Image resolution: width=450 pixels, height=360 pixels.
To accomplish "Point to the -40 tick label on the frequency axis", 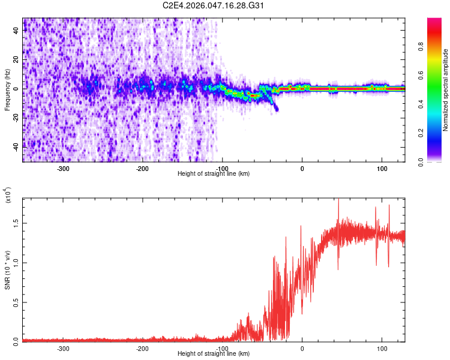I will tap(15, 146).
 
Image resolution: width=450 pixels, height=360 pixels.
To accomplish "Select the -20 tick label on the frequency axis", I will tap(15, 118).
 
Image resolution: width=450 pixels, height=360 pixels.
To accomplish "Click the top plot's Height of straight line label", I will tap(214, 173).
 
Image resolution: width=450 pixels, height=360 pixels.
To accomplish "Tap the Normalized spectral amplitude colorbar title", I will tap(446, 90).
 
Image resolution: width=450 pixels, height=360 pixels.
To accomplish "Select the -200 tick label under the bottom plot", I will tap(142, 348).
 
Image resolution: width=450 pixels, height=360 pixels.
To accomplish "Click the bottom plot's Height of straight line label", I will tap(214, 354).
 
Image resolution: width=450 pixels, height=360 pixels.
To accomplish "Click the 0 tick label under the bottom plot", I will tap(302, 348).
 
